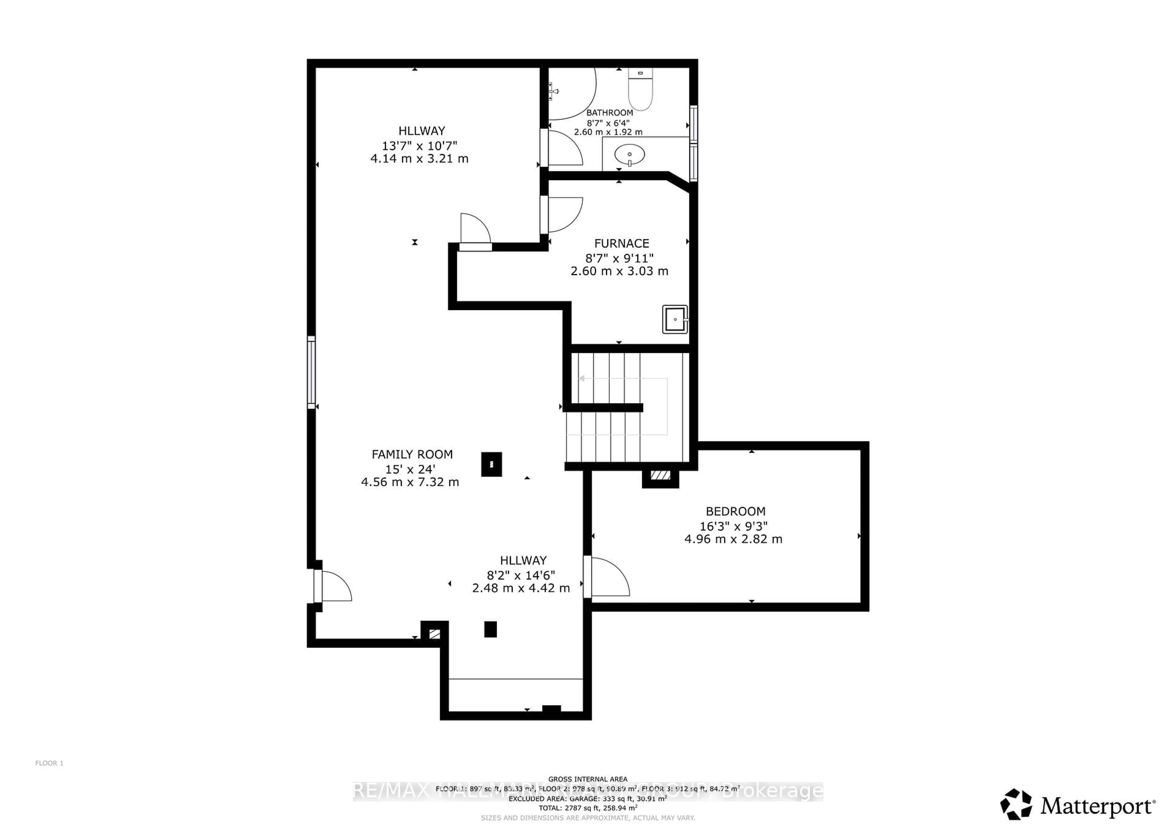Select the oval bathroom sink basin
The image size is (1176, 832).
tap(629, 154)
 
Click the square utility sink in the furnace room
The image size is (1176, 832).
tap(675, 319)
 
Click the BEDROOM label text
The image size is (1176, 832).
tap(736, 511)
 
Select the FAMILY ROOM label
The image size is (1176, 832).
tap(412, 454)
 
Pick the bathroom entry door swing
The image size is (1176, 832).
tap(563, 148)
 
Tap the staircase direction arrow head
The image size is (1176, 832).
tap(582, 379)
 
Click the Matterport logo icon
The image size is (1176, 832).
tap(1016, 804)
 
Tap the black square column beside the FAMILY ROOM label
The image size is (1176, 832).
tap(491, 464)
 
